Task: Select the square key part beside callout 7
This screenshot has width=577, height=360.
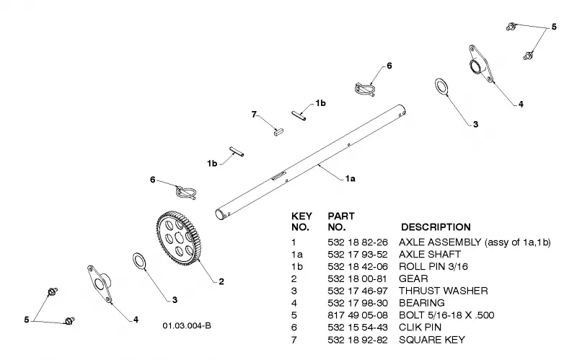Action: click(x=279, y=131)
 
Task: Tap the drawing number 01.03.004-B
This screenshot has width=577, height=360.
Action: click(x=187, y=326)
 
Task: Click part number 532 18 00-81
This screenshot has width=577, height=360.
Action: click(x=358, y=278)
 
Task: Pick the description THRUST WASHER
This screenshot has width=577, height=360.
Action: click(x=444, y=291)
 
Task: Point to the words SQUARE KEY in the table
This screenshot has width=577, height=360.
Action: click(x=432, y=340)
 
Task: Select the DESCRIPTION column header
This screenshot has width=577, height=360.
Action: click(x=436, y=227)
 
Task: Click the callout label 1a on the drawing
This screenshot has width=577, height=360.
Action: click(x=351, y=179)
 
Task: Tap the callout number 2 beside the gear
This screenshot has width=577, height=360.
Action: click(x=221, y=281)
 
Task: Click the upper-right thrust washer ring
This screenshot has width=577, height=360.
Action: click(x=436, y=87)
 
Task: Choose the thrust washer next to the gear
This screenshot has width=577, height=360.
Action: click(x=134, y=261)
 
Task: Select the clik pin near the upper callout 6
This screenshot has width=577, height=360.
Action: click(x=365, y=89)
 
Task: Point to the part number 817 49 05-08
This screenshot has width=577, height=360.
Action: click(x=358, y=315)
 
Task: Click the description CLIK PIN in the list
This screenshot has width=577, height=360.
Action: click(x=420, y=328)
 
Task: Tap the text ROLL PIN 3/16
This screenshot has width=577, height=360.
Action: click(x=433, y=266)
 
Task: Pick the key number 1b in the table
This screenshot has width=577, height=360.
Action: click(x=296, y=266)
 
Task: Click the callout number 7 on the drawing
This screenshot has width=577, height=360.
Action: click(x=254, y=115)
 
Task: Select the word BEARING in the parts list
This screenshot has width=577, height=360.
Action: click(x=422, y=303)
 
